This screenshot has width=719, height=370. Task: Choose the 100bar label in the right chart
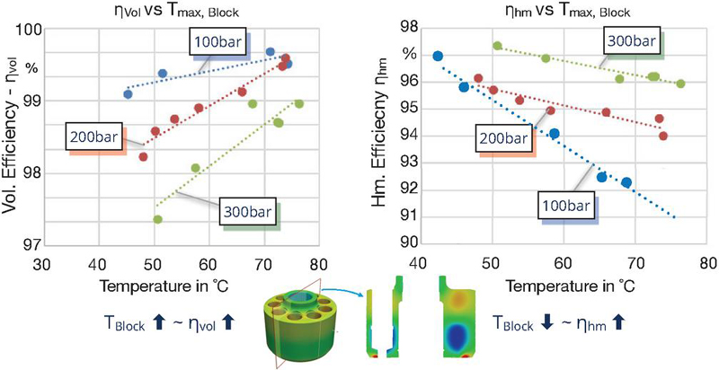click(x=565, y=206)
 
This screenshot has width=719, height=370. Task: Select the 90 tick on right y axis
click(x=407, y=243)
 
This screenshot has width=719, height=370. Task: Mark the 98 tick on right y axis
click(x=407, y=30)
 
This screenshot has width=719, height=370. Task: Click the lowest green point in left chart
click(x=157, y=219)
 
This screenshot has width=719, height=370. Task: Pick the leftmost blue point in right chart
click(x=438, y=56)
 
